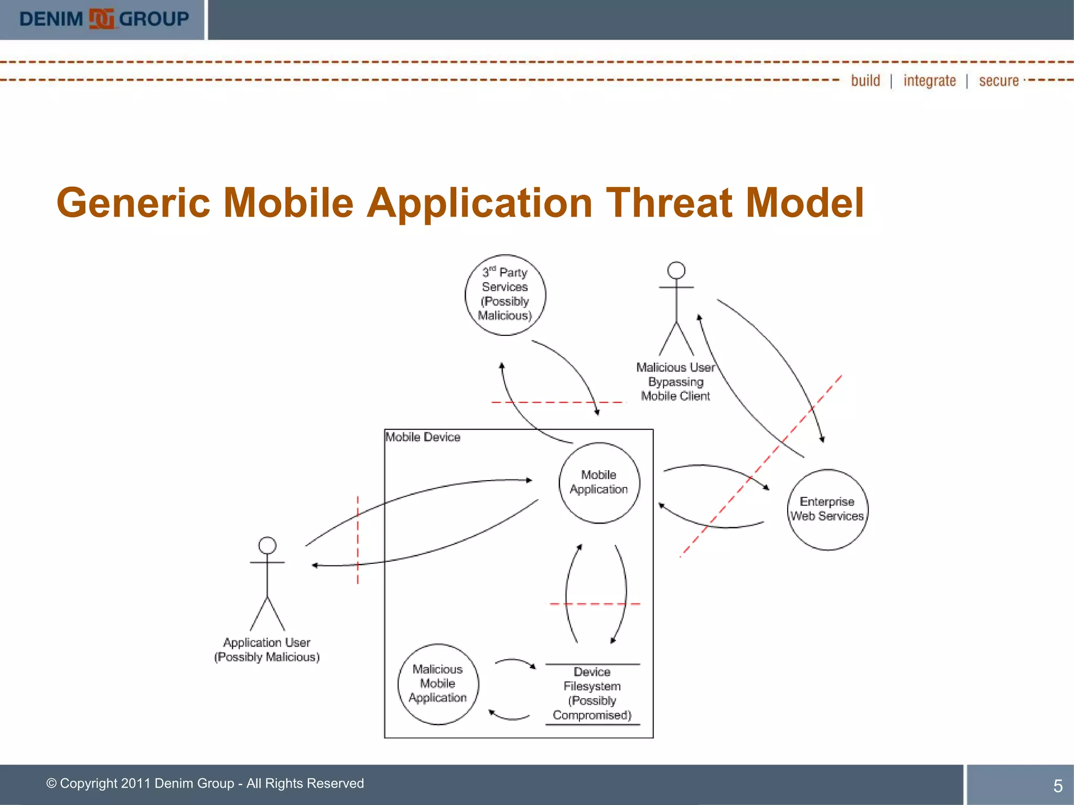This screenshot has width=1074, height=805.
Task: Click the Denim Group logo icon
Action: pyautogui.click(x=101, y=19)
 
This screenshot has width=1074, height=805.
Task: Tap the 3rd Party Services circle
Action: pyautogui.click(x=505, y=295)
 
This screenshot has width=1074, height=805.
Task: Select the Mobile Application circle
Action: pyautogui.click(x=599, y=483)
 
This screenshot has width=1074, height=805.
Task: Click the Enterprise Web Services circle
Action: pyautogui.click(x=827, y=509)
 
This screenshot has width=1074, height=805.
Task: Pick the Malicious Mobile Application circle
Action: pyautogui.click(x=438, y=684)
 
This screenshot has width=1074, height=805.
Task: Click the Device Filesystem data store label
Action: pyautogui.click(x=592, y=693)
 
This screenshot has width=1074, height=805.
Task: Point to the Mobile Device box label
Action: pyautogui.click(x=423, y=437)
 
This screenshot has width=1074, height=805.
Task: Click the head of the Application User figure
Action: pyautogui.click(x=267, y=546)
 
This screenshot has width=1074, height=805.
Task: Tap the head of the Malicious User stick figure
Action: pyautogui.click(x=676, y=270)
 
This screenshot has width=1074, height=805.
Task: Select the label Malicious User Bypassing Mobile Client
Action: pyautogui.click(x=675, y=382)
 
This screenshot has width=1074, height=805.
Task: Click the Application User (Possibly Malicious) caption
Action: pyautogui.click(x=267, y=650)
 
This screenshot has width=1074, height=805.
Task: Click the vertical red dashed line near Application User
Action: pyautogui.click(x=358, y=540)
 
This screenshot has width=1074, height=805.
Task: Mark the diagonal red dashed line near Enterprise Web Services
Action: pyautogui.click(x=760, y=466)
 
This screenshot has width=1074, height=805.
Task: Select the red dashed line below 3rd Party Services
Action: pyautogui.click(x=559, y=402)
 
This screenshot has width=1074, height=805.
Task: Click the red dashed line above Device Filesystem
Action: pyautogui.click(x=594, y=604)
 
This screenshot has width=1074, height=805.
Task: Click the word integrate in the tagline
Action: pyautogui.click(x=929, y=81)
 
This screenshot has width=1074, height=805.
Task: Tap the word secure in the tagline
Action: pyautogui.click(x=998, y=81)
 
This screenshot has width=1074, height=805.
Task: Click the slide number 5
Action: pyautogui.click(x=1058, y=786)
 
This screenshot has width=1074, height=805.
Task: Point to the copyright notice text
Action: pyautogui.click(x=205, y=784)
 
